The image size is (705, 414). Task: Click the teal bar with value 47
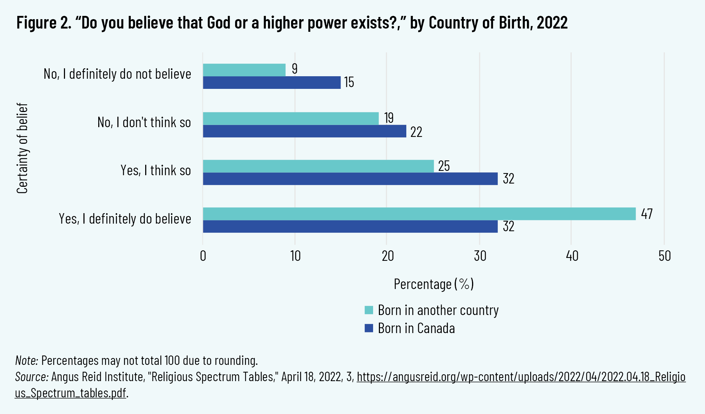[x=419, y=214]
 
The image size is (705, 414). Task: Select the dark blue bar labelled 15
[x=272, y=82]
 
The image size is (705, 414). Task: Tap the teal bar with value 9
[x=244, y=70]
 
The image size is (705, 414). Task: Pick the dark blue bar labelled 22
[x=304, y=131]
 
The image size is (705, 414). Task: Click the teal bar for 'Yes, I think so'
[x=318, y=166]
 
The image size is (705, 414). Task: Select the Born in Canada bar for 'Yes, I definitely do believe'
[x=350, y=227]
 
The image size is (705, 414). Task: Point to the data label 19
[x=389, y=118]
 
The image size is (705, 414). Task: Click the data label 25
[x=444, y=166]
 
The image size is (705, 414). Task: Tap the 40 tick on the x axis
[x=572, y=256]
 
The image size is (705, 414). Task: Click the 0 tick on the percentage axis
[x=203, y=256]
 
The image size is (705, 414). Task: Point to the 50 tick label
[x=665, y=256]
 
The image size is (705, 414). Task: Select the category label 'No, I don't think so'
[x=144, y=122]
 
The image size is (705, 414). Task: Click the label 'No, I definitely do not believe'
[x=117, y=74]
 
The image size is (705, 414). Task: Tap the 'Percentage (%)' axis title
[x=433, y=284]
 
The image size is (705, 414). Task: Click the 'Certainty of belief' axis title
[x=22, y=148]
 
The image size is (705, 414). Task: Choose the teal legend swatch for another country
[x=369, y=310]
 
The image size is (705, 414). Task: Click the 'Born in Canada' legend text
[x=416, y=328]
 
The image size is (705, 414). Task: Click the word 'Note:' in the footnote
[x=27, y=361]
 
